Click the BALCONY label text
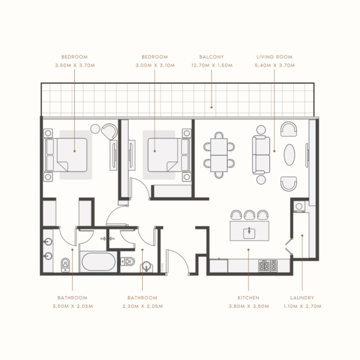211,57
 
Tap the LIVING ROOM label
274,57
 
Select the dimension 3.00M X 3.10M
155,65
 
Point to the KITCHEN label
248,298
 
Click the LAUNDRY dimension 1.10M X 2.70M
302,306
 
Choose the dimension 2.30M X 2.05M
142,306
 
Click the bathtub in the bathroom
98,262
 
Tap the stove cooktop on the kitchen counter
268,266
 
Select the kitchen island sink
249,232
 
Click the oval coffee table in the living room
290,155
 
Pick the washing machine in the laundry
299,207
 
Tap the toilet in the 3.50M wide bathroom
65,264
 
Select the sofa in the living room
261,155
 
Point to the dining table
219,155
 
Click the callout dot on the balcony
211,107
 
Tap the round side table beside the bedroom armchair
95,129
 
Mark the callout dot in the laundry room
302,235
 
